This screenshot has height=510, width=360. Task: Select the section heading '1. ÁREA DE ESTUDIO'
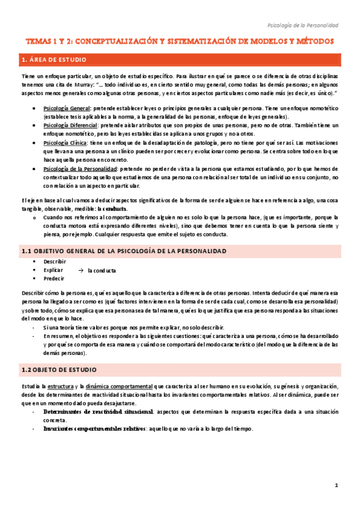(x=54, y=60)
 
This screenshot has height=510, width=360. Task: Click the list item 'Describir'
(x=55, y=262)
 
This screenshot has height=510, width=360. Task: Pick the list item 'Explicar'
(x=53, y=271)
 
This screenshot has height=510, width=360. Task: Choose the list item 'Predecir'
(x=53, y=279)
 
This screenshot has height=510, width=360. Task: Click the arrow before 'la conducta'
(x=81, y=270)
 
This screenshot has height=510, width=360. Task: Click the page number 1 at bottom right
(x=337, y=485)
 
